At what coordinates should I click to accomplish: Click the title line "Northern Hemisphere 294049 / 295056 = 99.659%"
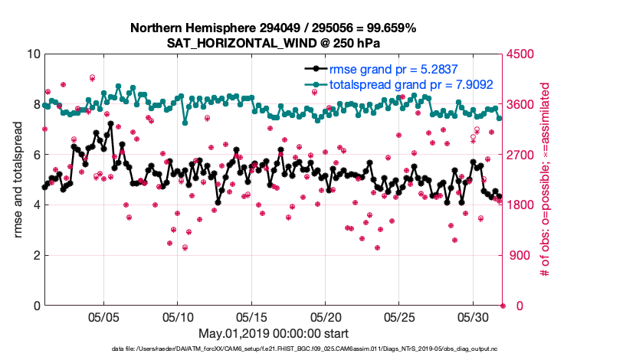274,28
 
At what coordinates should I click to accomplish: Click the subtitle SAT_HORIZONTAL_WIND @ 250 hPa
274,43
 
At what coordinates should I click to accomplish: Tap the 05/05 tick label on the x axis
103,316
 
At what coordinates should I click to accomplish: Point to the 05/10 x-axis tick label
178,316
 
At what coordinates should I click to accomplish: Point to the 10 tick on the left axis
32,54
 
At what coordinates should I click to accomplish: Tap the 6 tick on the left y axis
36,155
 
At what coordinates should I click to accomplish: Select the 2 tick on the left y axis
36,255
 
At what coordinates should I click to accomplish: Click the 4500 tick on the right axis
521,54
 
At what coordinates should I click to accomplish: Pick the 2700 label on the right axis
521,155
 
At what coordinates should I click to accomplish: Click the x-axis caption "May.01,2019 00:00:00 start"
274,333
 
